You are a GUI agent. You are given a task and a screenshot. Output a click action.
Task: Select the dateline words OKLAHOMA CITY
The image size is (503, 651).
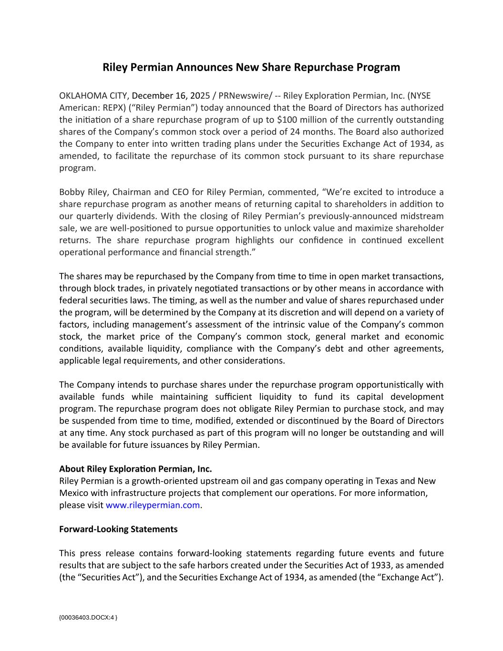[93, 96]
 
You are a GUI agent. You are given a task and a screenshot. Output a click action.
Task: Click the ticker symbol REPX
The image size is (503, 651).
[113, 108]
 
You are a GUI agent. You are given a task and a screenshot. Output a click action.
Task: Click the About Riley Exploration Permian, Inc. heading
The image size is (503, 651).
[135, 469]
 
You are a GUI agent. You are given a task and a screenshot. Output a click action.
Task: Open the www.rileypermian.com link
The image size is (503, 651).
[153, 505]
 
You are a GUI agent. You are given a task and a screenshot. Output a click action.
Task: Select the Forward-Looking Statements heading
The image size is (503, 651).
[118, 529]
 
